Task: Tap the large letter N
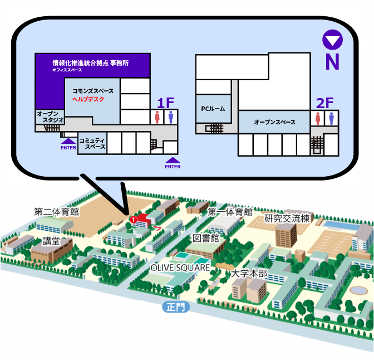[332, 62]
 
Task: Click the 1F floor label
[165, 103]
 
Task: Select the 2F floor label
[324, 103]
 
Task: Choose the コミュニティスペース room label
[92, 143]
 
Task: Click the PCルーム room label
[214, 109]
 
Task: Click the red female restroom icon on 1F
[158, 117]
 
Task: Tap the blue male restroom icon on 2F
[331, 118]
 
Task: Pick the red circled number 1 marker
[133, 220]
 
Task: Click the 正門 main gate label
[176, 307]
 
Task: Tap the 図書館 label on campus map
[206, 238]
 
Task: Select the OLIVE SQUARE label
[180, 267]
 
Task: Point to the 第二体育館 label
[56, 212]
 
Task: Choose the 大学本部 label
[249, 274]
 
